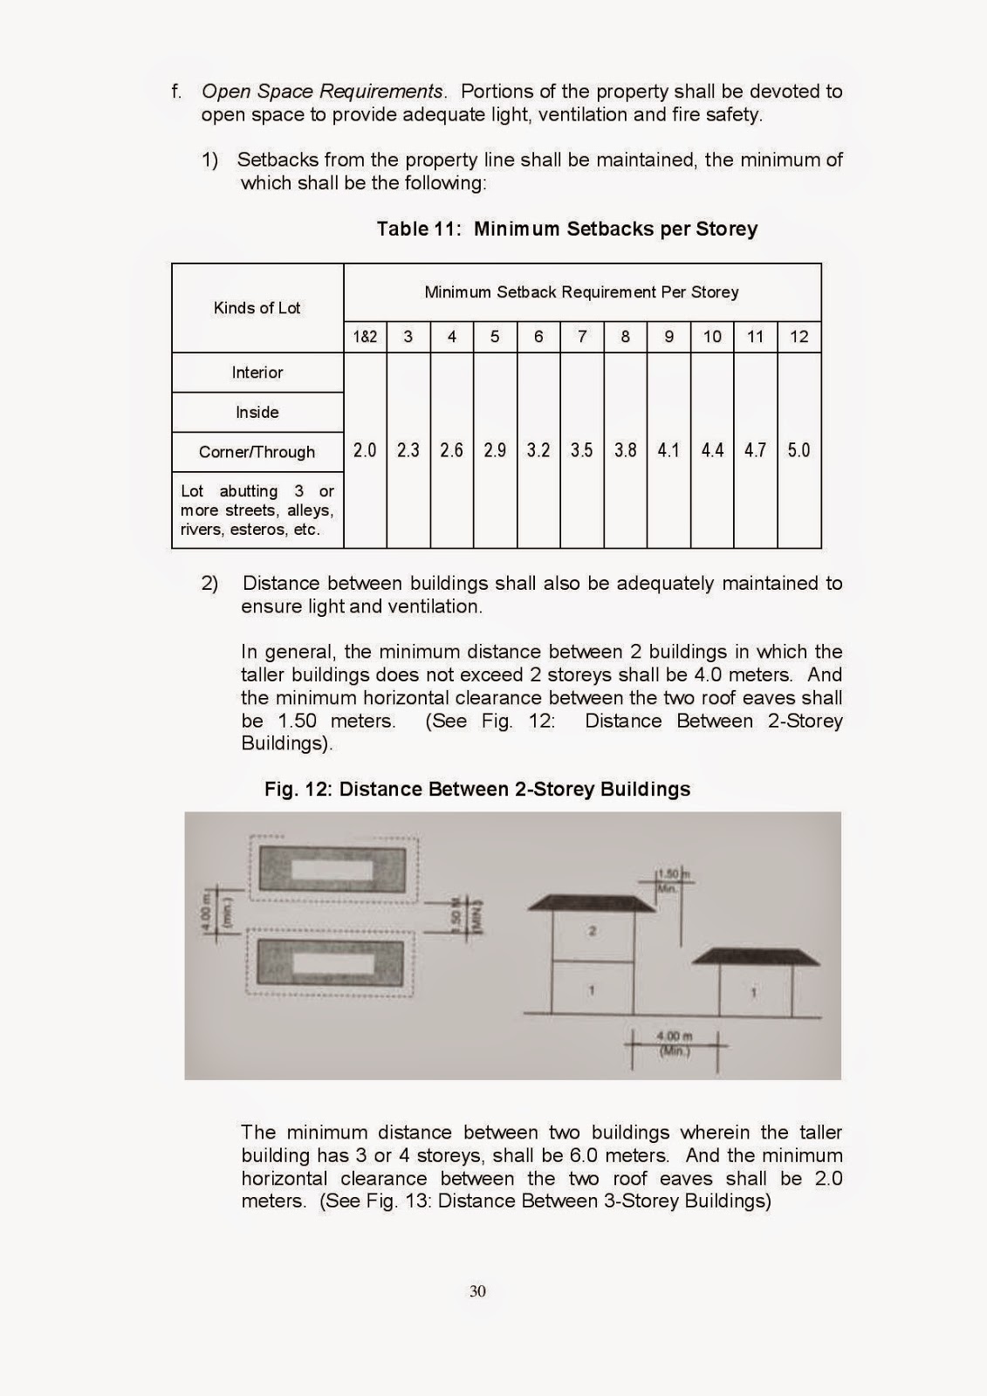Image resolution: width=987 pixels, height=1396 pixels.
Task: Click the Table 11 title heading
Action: pos(566,229)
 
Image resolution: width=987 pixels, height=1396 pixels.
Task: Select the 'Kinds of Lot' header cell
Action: pos(257,308)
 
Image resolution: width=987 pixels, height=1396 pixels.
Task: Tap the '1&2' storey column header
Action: pos(365,337)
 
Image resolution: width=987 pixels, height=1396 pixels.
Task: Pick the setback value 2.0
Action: pos(365,450)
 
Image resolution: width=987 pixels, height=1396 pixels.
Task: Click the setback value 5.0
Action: pos(799,450)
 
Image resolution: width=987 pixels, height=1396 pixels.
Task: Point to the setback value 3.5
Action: pos(582,450)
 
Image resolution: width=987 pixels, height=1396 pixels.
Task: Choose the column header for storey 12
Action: pos(799,337)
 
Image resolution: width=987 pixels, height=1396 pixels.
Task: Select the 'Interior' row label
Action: pos(257,373)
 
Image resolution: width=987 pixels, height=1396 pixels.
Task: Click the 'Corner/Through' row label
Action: pos(257,452)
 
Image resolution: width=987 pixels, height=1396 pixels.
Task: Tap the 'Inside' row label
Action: pos(257,413)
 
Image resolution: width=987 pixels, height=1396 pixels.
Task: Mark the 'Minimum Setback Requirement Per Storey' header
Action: pos(581,292)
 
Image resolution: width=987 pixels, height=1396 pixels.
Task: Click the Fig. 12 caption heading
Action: pos(477,790)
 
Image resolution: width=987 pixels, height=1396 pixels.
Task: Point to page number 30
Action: pos(477,1291)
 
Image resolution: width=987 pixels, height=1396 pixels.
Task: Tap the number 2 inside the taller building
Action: pos(592,932)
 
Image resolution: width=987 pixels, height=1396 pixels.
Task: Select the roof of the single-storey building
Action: pos(756,956)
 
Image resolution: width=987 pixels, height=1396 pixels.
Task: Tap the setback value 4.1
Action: pos(668,450)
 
